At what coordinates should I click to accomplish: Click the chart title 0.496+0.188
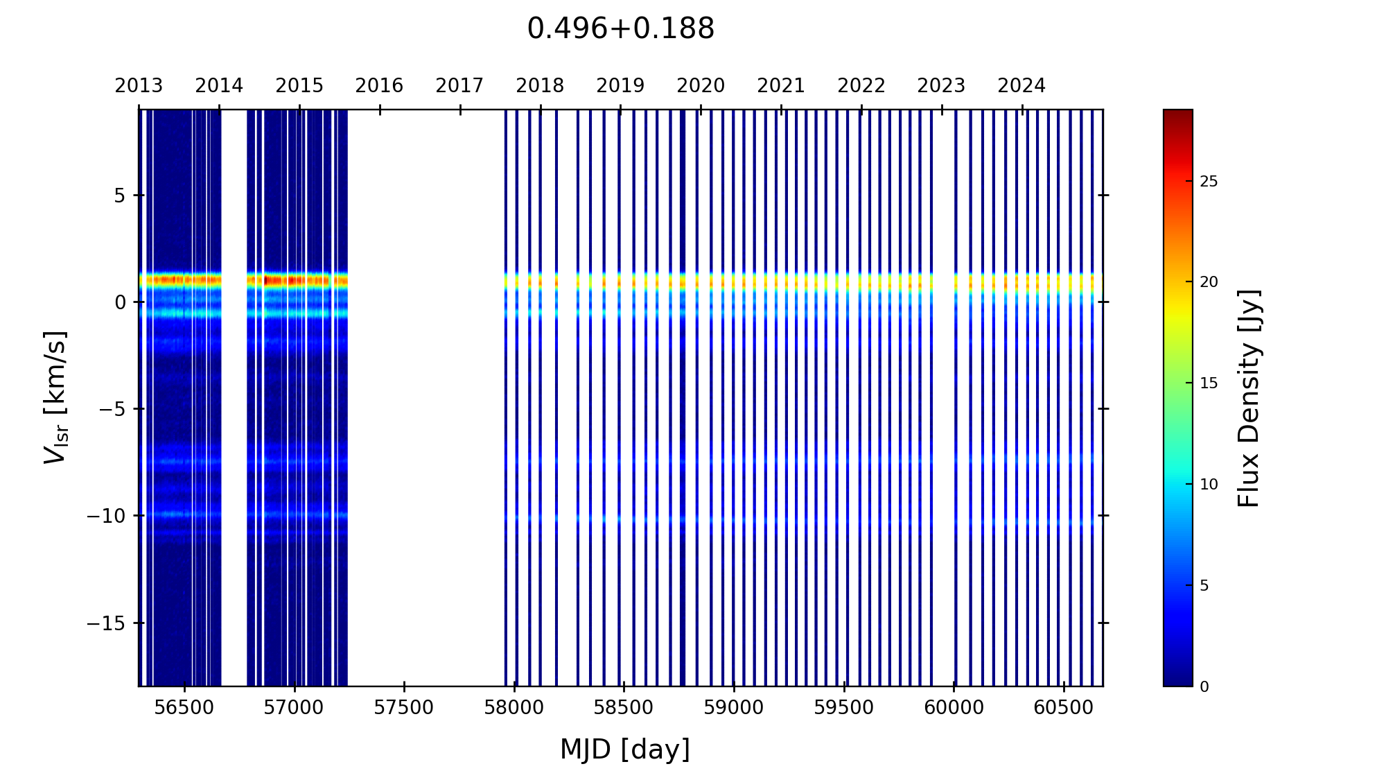620,29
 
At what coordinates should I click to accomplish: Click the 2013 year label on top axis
139,86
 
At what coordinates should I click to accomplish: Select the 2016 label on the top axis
379,86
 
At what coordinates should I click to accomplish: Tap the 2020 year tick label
701,86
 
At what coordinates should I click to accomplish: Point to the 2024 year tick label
1021,86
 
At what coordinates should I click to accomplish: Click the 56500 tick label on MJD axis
184,708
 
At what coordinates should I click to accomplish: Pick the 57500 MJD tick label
404,708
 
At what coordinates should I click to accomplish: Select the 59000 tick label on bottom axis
734,708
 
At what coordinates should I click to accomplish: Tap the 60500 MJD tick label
1064,708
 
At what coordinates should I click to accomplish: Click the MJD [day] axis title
625,749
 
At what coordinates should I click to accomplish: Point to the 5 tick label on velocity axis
120,196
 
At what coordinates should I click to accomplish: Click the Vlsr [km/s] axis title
55,397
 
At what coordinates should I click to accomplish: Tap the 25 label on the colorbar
1209,182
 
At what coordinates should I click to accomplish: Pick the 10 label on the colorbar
1209,485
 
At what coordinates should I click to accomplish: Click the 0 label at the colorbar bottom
1204,686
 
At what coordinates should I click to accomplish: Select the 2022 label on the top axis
861,86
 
